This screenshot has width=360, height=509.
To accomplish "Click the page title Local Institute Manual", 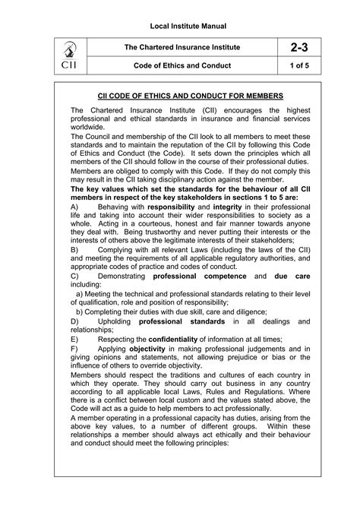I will click(x=180, y=16).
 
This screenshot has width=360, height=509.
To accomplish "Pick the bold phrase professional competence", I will click(x=193, y=278).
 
